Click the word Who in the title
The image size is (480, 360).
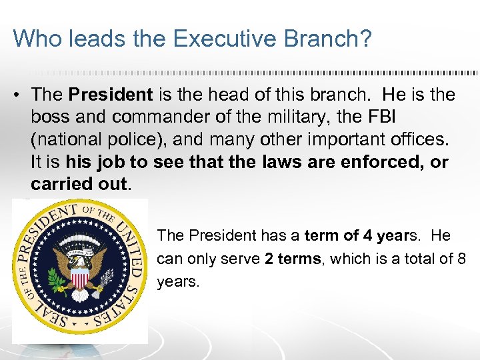33,38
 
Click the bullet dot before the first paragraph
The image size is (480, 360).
15,95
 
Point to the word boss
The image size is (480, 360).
51,117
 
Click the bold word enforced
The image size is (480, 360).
378,162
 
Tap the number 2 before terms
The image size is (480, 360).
269,259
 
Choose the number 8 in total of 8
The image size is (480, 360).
461,259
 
